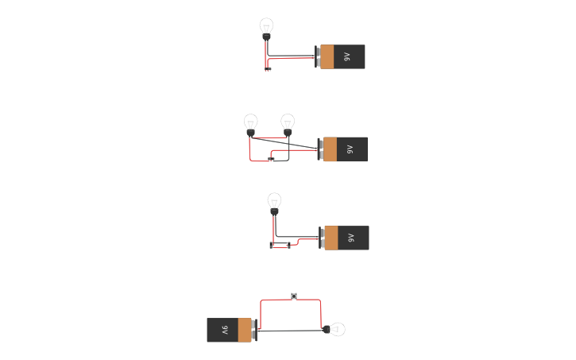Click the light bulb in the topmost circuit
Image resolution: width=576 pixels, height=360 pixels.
click(266, 28)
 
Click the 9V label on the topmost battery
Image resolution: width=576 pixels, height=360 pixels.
click(347, 57)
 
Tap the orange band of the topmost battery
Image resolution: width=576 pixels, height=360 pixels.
click(327, 57)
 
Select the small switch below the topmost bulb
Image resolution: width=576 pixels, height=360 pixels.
click(268, 69)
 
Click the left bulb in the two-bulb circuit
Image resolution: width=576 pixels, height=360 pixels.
click(250, 123)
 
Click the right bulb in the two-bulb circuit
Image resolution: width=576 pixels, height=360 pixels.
click(288, 123)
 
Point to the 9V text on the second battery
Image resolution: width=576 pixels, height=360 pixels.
click(350, 149)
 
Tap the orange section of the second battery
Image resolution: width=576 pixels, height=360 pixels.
click(330, 149)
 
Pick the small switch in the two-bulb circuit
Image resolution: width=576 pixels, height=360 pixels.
click(272, 159)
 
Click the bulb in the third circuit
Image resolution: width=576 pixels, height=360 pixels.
click(274, 202)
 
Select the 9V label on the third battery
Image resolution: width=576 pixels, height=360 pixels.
click(351, 238)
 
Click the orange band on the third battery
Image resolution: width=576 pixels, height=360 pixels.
click(331, 238)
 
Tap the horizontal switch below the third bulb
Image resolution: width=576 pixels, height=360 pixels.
click(280, 245)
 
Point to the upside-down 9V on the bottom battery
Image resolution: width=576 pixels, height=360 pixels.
click(225, 330)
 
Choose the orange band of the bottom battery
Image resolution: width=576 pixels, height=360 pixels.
click(244, 330)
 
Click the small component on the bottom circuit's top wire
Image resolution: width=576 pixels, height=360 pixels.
click(294, 296)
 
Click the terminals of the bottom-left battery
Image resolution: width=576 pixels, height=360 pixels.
click(253, 330)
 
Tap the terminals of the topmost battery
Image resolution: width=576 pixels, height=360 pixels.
click(318, 57)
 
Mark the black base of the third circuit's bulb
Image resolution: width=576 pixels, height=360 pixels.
click(274, 211)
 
